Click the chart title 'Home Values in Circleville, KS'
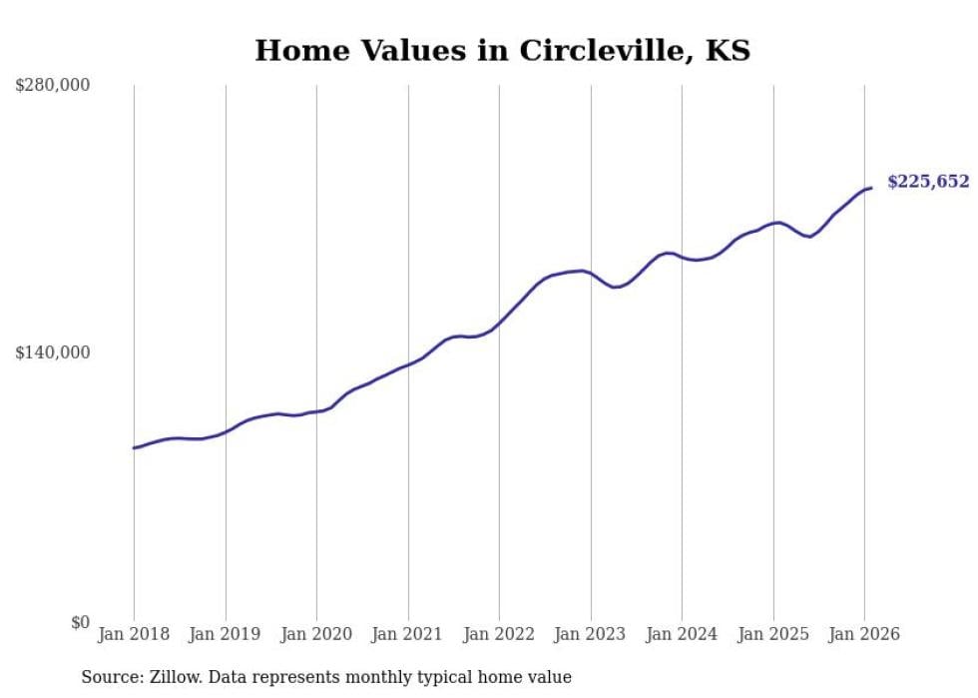click(502, 50)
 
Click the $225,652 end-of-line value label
click(928, 182)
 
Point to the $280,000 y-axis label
click(52, 86)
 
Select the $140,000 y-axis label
click(52, 353)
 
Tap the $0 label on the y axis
click(79, 622)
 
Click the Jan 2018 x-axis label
click(134, 635)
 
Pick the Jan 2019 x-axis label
click(225, 635)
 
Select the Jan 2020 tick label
click(316, 635)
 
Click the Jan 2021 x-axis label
click(407, 635)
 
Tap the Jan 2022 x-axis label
click(499, 635)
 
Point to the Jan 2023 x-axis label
click(590, 635)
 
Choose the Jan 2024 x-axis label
click(682, 635)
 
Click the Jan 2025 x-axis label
click(772, 635)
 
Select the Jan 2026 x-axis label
click(864, 635)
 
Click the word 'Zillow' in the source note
click(172, 677)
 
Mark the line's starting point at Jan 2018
click(134, 447)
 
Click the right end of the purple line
click(871, 188)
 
